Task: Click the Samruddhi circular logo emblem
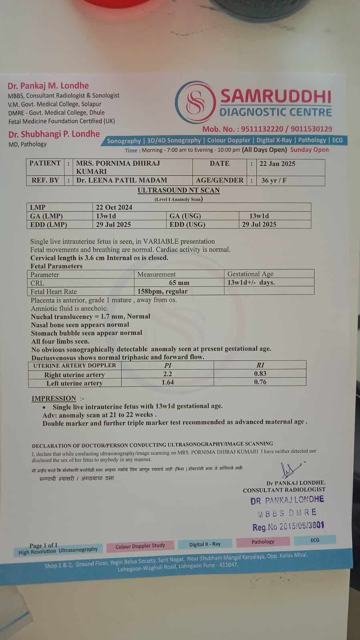[x=196, y=102]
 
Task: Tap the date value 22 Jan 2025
[x=277, y=164]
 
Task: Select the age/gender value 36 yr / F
[x=274, y=181]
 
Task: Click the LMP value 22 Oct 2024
[x=114, y=207]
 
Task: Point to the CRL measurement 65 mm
[x=179, y=283]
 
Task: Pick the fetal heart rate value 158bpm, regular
[x=163, y=291]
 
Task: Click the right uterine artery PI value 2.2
[x=167, y=374]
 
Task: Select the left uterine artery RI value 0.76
[x=260, y=382]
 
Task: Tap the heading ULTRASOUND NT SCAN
[x=179, y=191]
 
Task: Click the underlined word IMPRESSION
[x=54, y=398]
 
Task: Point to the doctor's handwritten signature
[x=290, y=471]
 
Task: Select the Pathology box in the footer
[x=263, y=542]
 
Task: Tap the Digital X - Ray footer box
[x=205, y=544]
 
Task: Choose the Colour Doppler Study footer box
[x=140, y=546]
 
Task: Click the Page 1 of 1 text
[x=43, y=545]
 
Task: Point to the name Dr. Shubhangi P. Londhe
[x=54, y=134]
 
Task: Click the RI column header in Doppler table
[x=260, y=365]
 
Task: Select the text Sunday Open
[x=309, y=150]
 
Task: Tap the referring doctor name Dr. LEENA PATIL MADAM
[x=122, y=181]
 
